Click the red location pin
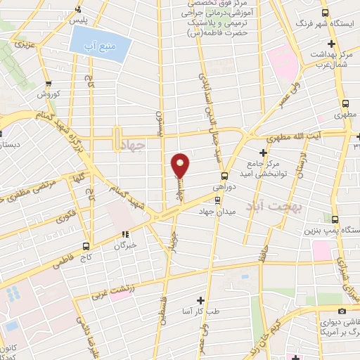coord(181,165)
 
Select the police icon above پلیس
coord(78,9)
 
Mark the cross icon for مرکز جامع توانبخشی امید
coord(263,153)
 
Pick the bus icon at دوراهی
coord(224,176)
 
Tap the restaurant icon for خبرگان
coord(126,235)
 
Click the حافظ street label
coord(262,255)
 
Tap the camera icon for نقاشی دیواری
coord(342,311)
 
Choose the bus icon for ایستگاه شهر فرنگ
coord(324,13)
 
